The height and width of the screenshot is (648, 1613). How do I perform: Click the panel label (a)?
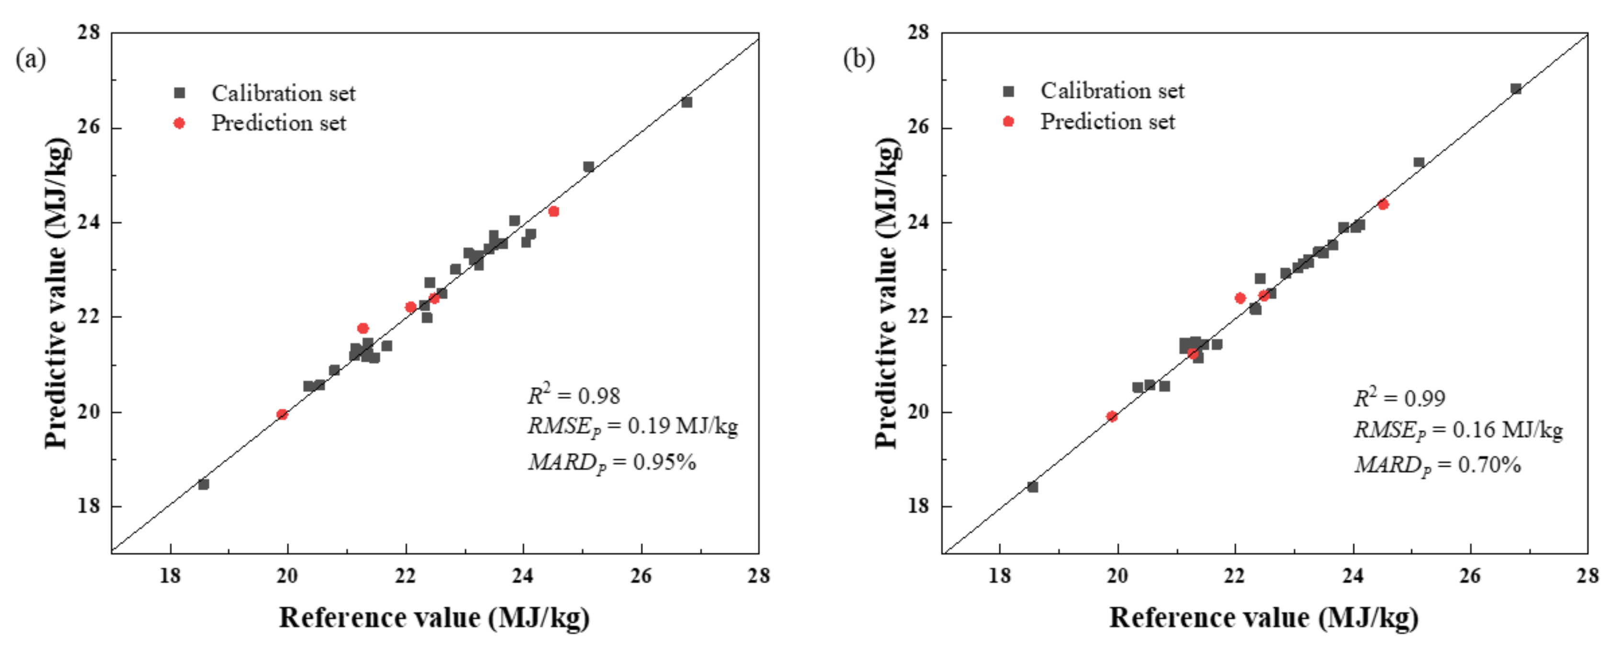[x=31, y=60]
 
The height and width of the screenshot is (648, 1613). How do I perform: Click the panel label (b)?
[x=859, y=59]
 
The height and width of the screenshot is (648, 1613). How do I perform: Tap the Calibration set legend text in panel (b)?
[x=1112, y=91]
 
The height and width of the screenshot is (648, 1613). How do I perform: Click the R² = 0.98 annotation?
[x=574, y=395]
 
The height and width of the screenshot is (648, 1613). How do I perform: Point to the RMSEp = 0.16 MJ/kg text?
[x=1458, y=430]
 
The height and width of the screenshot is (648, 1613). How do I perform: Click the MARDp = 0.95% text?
[x=612, y=463]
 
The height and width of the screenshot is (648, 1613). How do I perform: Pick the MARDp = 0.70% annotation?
[x=1438, y=465]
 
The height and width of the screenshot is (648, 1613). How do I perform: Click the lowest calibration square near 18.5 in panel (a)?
[x=203, y=484]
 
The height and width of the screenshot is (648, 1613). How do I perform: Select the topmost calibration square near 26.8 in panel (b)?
[x=1516, y=89]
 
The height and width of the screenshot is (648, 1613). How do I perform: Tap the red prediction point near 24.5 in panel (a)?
[x=553, y=212]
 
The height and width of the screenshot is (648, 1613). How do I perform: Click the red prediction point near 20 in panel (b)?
[x=1112, y=416]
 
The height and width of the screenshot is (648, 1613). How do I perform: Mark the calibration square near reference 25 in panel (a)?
[x=588, y=167]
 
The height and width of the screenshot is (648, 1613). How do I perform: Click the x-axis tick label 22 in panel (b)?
[x=1235, y=575]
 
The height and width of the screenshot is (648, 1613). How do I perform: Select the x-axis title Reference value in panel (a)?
[x=434, y=618]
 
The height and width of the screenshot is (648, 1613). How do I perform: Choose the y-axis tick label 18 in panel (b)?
[x=919, y=506]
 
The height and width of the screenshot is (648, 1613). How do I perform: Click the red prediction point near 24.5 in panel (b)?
[x=1383, y=204]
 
